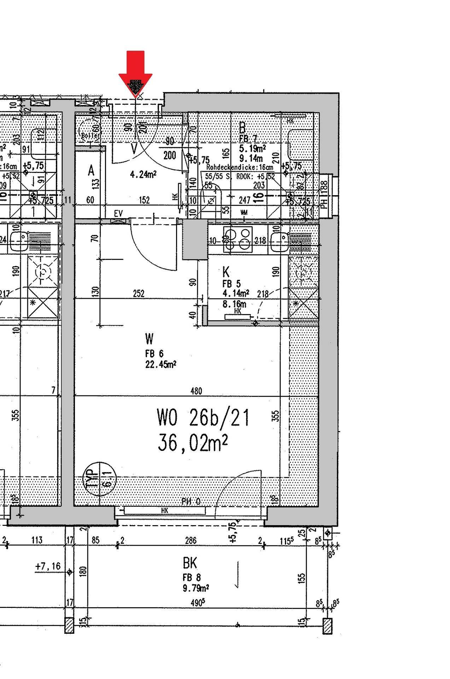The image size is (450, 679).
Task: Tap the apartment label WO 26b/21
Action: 203,418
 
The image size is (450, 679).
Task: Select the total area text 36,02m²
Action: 193,443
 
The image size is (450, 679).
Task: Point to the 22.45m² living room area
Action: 161,364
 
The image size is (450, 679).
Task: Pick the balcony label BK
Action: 190,563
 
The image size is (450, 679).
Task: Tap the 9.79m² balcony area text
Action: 195,588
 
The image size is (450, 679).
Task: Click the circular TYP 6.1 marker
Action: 100,478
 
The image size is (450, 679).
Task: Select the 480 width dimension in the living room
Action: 196,391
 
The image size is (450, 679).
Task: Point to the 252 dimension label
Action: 139,294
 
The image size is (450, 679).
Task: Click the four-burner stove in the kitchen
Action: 238,239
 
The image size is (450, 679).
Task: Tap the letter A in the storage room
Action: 91,171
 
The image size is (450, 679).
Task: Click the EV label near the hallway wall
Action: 118,213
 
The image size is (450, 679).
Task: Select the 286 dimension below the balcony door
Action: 191,540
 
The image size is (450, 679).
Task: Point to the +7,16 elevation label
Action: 48,566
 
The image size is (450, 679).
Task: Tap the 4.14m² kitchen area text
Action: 236,293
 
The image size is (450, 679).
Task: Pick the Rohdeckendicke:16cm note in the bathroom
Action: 240,167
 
